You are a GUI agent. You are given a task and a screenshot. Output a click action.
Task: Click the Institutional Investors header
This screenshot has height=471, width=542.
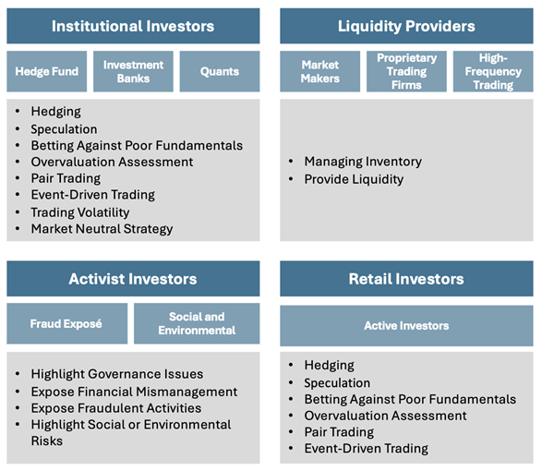(133, 26)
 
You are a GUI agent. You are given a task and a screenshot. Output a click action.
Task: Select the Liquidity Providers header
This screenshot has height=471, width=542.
(406, 26)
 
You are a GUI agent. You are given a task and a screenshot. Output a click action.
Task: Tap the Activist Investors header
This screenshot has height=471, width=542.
(133, 279)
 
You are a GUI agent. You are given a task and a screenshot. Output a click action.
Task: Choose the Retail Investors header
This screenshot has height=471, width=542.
(406, 279)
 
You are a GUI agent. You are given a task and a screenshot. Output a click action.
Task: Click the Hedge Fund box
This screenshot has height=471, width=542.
(47, 71)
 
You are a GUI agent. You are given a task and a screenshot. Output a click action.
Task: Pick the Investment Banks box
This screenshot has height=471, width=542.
(133, 71)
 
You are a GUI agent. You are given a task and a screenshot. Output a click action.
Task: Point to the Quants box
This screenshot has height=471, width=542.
(220, 71)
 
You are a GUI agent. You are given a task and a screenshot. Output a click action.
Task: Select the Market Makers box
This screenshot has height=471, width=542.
(320, 71)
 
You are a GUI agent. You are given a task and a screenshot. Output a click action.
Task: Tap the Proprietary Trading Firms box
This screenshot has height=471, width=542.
(406, 71)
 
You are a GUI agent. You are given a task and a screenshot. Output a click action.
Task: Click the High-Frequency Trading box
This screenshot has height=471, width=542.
(493, 71)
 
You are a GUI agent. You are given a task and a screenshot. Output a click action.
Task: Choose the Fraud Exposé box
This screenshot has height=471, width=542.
(67, 323)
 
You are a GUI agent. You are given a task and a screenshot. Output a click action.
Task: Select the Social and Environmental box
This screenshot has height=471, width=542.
(197, 323)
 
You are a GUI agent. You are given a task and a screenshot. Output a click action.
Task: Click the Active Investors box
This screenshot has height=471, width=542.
(406, 326)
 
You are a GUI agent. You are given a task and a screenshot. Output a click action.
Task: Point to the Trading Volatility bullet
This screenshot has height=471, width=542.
(80, 212)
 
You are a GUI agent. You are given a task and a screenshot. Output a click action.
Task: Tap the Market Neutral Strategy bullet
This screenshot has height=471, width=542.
(102, 229)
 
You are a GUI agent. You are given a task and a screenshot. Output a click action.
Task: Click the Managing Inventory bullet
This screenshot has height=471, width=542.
(363, 162)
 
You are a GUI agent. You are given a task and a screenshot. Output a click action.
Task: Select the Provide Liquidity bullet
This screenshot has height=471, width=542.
(354, 179)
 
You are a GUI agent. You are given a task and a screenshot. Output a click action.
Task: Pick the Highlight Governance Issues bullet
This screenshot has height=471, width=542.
(117, 374)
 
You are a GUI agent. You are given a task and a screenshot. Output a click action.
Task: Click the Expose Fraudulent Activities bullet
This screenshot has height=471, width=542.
(116, 408)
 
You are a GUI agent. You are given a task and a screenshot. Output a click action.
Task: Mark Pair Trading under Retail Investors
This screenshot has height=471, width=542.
(339, 432)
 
